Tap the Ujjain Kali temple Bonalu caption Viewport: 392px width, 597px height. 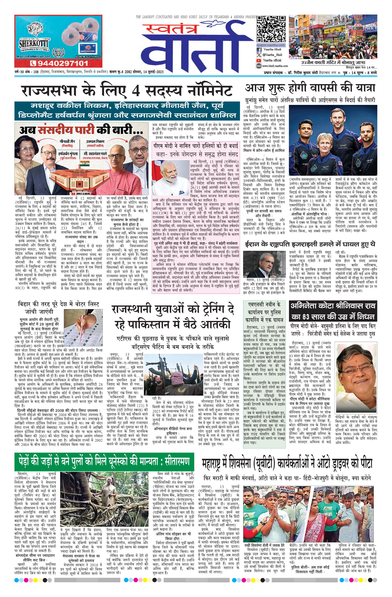tap(333, 62)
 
